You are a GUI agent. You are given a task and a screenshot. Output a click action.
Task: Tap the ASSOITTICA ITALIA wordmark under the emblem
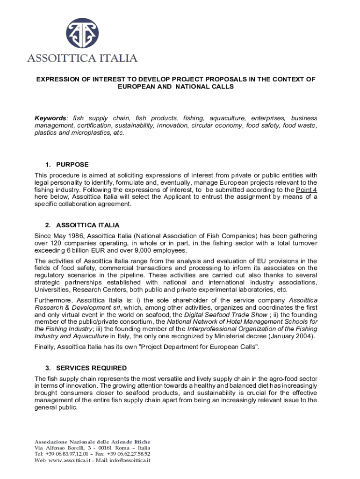coord(82,58)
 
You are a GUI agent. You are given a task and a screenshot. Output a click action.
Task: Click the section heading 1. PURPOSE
coord(67,165)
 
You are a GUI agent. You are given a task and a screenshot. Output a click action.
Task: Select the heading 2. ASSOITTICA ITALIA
coord(82,225)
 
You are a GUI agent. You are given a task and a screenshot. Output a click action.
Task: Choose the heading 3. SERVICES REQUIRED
coord(86,368)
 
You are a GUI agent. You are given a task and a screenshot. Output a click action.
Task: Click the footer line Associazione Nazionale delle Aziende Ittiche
coord(93,442)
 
